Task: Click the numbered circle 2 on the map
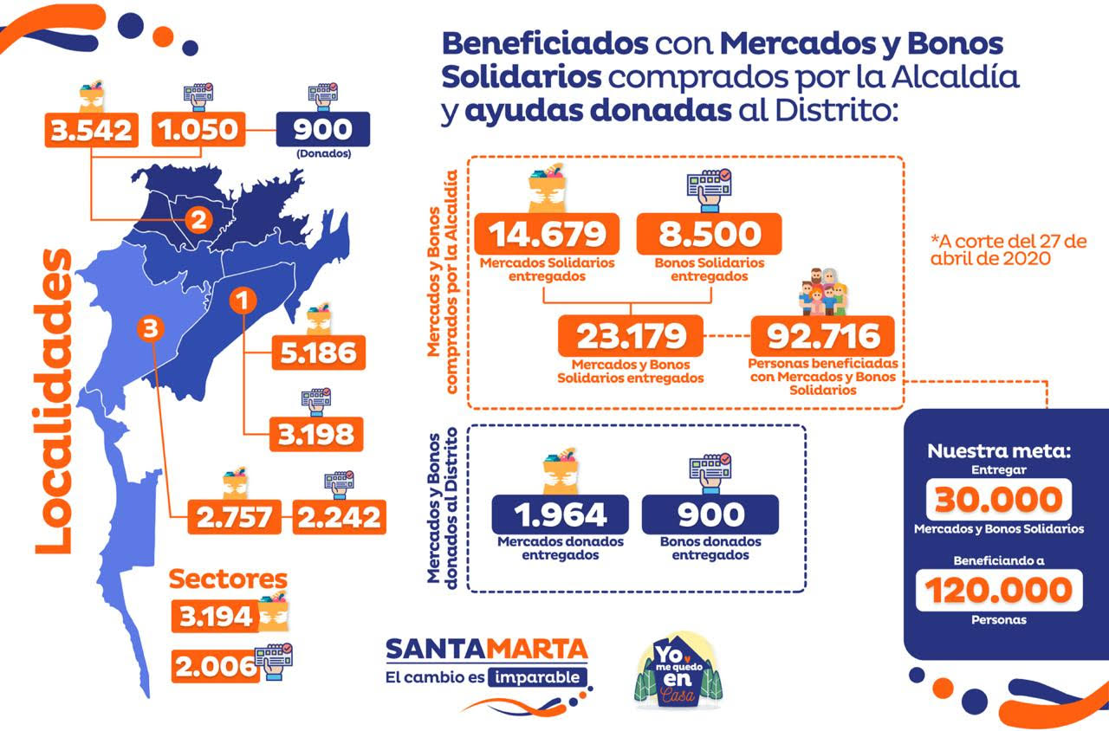[198, 220]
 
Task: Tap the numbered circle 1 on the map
[243, 302]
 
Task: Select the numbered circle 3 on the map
[152, 328]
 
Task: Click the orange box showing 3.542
[91, 130]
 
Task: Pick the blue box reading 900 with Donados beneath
[322, 130]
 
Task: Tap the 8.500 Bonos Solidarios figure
[710, 234]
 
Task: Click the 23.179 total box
[630, 336]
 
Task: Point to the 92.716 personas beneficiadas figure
[823, 336]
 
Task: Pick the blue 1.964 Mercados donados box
[560, 514]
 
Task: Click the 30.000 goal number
[999, 500]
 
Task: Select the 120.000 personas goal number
[999, 592]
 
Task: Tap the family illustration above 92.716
[823, 291]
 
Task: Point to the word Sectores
[227, 578]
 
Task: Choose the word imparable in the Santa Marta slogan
[537, 676]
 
